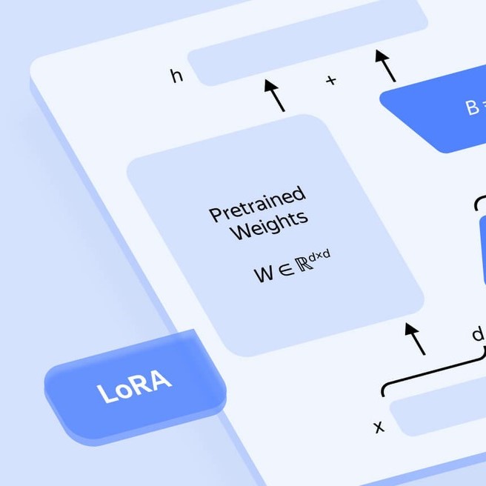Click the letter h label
[x=176, y=76]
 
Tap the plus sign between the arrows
[x=331, y=80]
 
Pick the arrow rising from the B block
[x=385, y=65]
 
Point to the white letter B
[x=472, y=108]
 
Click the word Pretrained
[x=257, y=204]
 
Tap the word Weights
[x=268, y=225]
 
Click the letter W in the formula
[x=264, y=275]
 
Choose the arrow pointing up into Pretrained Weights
[x=415, y=338]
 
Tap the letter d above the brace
[x=478, y=335]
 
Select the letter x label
[x=379, y=427]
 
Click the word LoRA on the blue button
[x=135, y=387]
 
